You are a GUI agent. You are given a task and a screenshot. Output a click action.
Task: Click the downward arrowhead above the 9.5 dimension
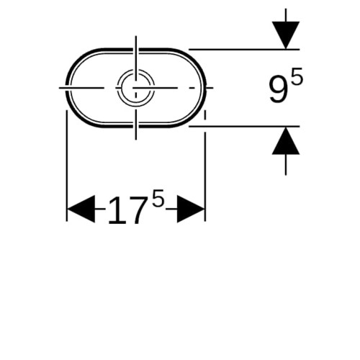point(286,35)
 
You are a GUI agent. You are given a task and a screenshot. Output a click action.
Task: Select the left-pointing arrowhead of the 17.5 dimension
point(81,209)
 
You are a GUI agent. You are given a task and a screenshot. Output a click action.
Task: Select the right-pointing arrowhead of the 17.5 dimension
point(191,209)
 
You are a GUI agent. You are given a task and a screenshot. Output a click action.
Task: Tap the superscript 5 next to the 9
point(297,76)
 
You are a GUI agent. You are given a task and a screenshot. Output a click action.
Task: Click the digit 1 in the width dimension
point(117,211)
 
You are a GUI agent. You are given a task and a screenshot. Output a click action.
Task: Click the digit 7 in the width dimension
point(139,211)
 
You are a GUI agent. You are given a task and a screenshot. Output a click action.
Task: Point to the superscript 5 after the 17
point(158,198)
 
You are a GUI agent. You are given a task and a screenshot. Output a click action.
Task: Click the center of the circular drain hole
point(136,88)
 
